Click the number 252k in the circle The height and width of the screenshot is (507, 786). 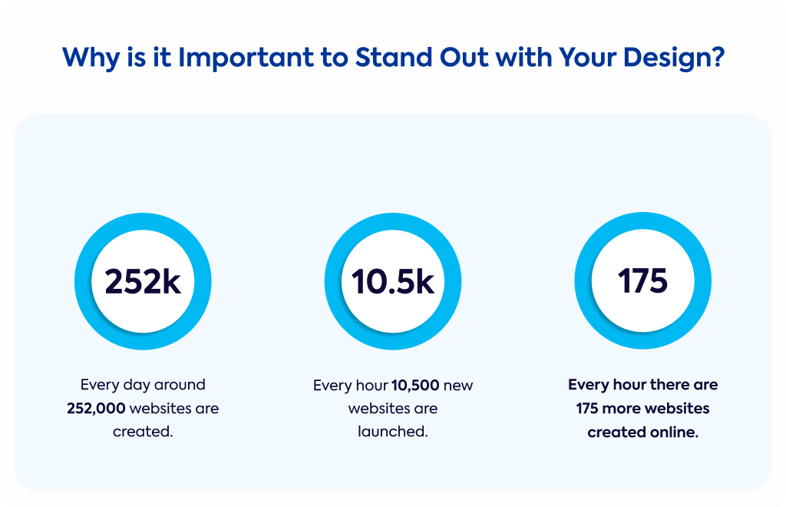143,281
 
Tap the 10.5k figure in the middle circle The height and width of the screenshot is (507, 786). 393,281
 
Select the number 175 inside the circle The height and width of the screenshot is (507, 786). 642,280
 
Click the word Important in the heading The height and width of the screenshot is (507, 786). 246,58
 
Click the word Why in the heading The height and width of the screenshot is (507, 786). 91,58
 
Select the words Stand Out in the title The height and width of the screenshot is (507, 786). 421,57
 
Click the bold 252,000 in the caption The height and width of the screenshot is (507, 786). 96,408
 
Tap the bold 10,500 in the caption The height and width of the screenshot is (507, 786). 415,385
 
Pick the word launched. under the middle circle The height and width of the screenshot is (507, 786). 393,431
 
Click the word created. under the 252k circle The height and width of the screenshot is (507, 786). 143,431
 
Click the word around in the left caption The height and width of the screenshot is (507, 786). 180,385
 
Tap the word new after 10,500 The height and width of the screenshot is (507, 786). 458,386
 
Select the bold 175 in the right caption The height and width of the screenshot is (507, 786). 587,408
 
